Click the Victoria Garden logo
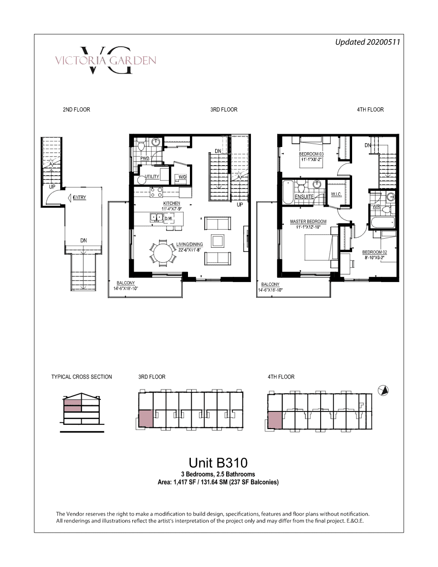[105, 60]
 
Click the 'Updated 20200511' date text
[367, 42]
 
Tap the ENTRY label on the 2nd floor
[80, 198]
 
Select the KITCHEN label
[172, 204]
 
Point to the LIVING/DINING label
[190, 244]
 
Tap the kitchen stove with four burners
[156, 192]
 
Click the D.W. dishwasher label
[169, 219]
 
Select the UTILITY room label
[152, 177]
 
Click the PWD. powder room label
[145, 158]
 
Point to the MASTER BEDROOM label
[308, 221]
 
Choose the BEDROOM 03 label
[311, 154]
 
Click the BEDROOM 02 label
[375, 252]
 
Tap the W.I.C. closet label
[336, 195]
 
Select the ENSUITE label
[304, 197]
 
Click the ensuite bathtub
[288, 192]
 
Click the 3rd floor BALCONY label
[126, 283]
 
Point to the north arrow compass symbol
[383, 390]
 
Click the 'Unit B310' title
[218, 463]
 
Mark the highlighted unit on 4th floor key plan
[275, 420]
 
